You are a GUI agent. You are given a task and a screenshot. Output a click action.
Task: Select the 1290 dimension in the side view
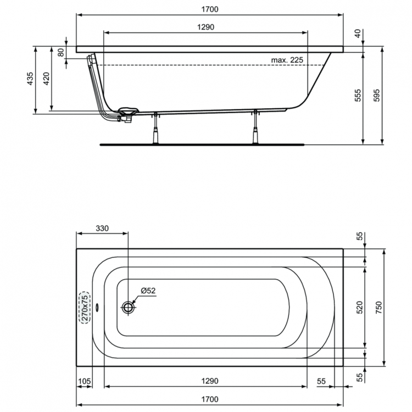(x=204, y=27)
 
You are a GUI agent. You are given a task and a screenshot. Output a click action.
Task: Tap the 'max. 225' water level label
(x=287, y=59)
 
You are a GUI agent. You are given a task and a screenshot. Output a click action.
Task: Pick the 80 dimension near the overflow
(x=61, y=53)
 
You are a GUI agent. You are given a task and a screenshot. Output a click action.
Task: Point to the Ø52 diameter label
(x=148, y=290)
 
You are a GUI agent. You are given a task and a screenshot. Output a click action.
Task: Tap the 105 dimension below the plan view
(x=84, y=381)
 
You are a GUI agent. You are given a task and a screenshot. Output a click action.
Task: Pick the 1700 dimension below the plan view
(x=209, y=399)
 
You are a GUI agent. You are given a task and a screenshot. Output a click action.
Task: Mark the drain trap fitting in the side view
(x=129, y=114)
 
